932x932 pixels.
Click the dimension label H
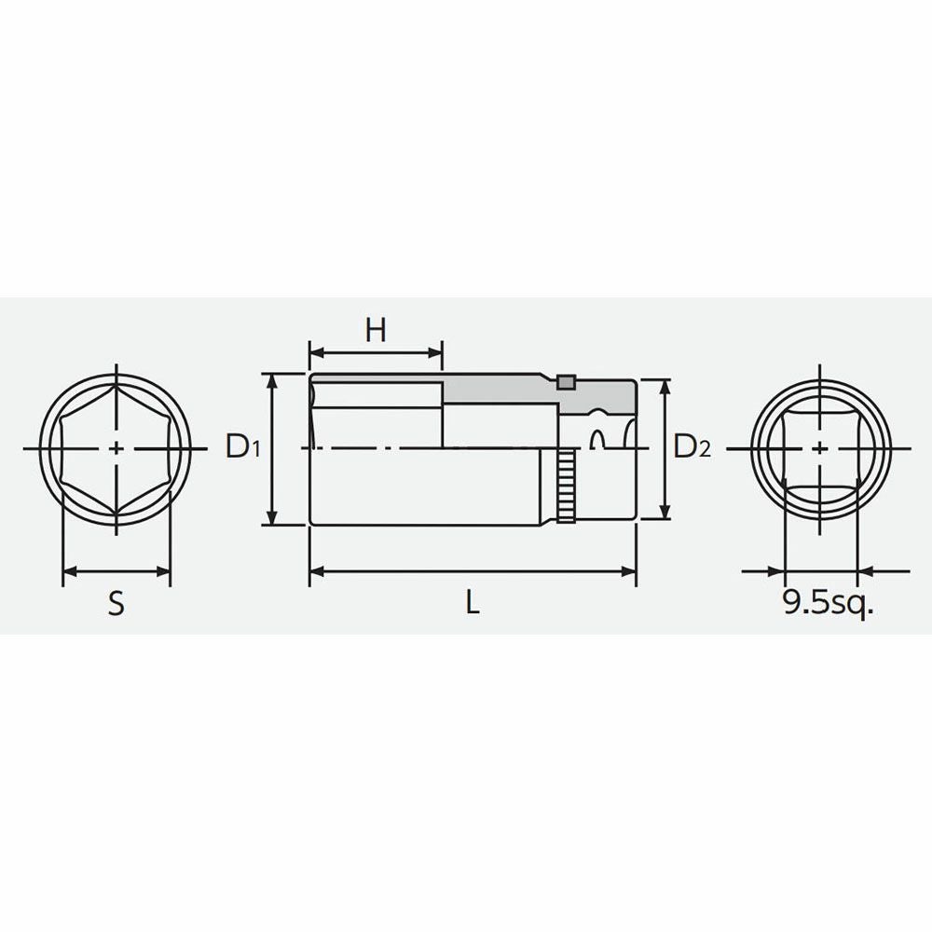click(x=376, y=330)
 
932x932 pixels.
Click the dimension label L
click(x=472, y=603)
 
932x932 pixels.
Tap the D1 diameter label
click(x=242, y=446)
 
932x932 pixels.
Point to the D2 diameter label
click(x=692, y=446)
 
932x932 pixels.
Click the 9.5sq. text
click(x=828, y=604)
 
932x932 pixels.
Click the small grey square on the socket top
click(x=567, y=382)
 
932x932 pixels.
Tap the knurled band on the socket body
click(x=567, y=487)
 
